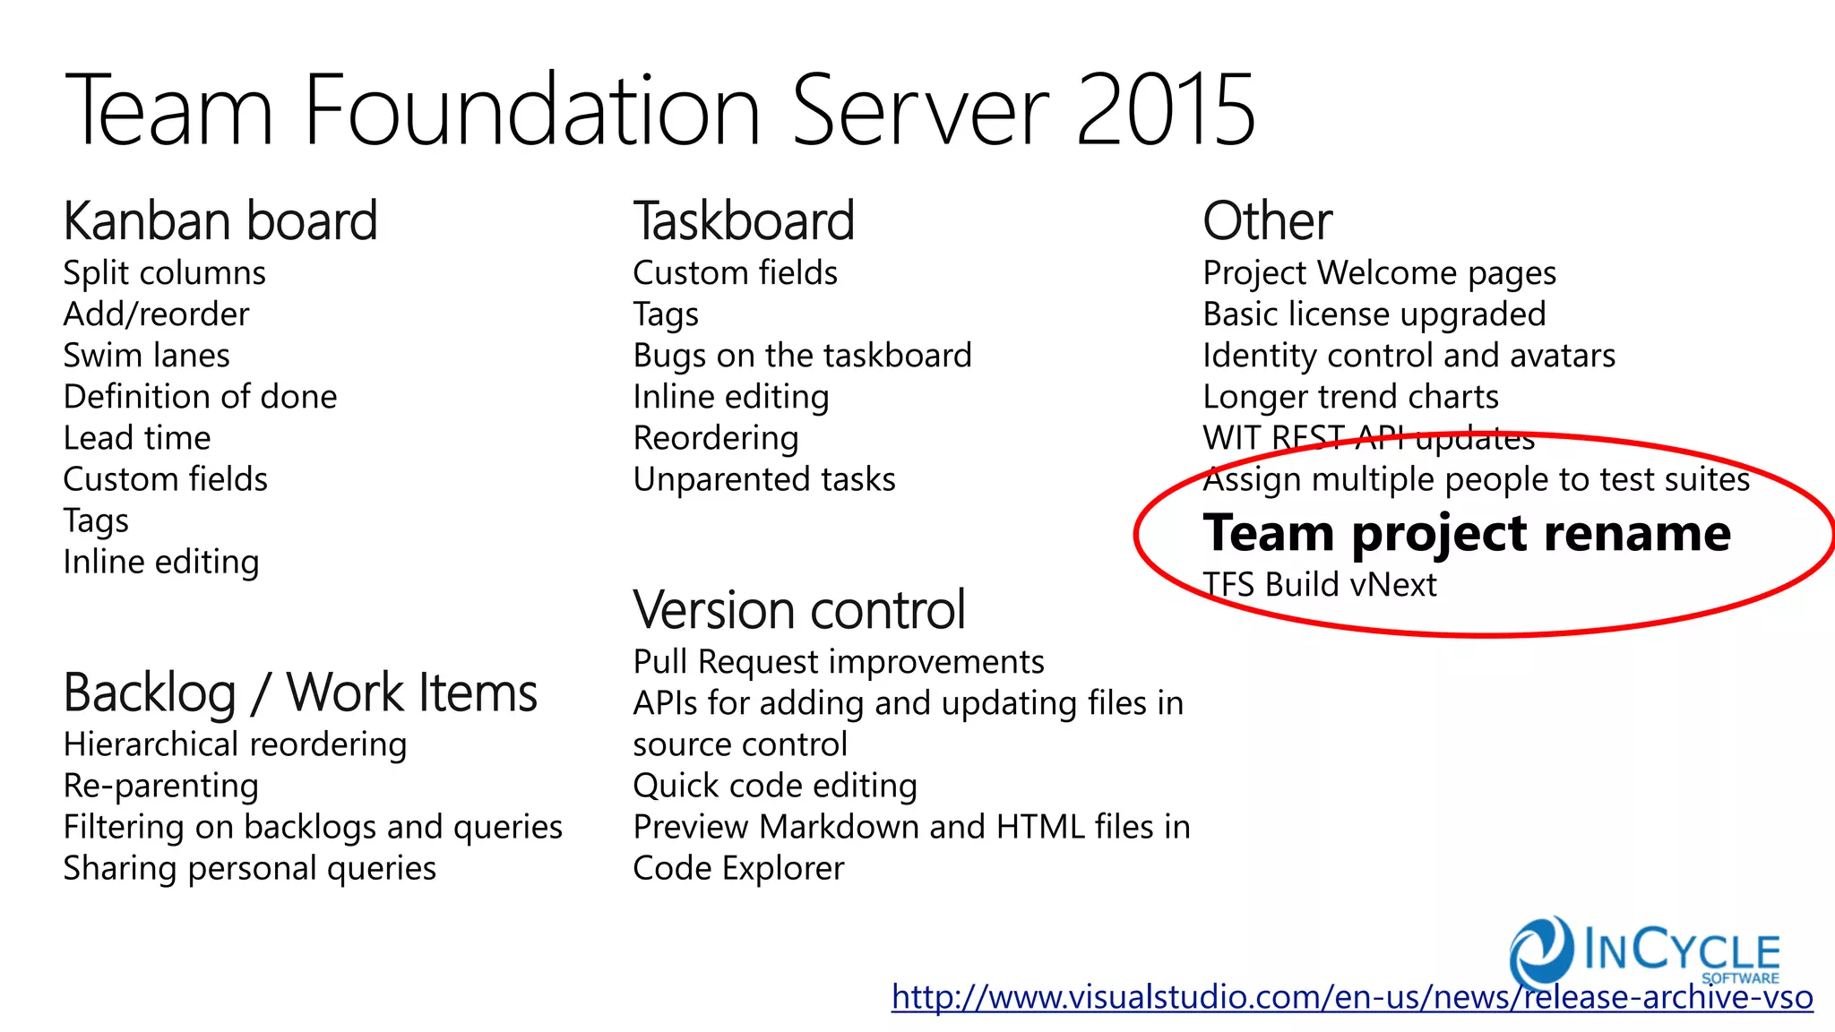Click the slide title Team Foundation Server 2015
(659, 111)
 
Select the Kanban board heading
(220, 221)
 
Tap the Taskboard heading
(744, 221)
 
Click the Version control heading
(798, 610)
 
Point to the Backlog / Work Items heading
(300, 693)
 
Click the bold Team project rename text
(1466, 533)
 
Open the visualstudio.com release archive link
(1351, 997)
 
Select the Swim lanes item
(146, 356)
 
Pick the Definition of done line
(200, 397)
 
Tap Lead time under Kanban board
(137, 438)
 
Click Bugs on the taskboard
(802, 356)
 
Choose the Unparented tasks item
(763, 479)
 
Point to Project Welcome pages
(1379, 273)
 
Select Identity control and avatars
(1409, 356)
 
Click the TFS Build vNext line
(1320, 585)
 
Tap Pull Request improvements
(838, 662)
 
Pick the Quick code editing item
(774, 786)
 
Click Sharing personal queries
(249, 868)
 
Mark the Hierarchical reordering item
(235, 744)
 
